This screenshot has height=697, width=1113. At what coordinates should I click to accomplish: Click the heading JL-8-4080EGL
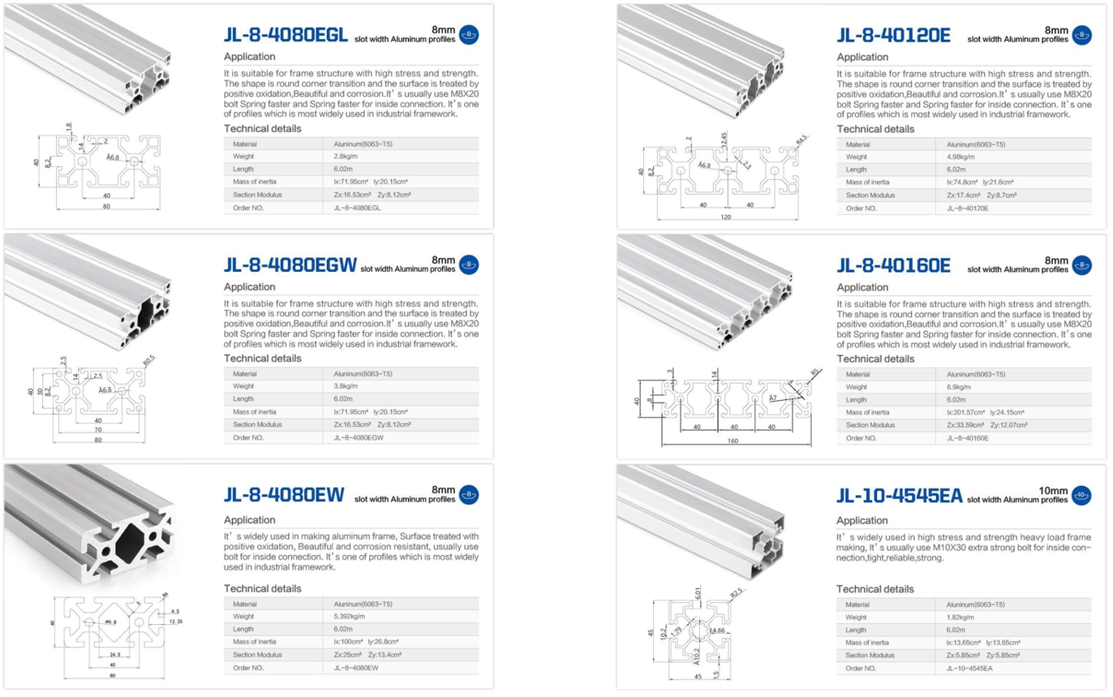[285, 35]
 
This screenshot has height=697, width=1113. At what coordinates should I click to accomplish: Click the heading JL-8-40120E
[893, 35]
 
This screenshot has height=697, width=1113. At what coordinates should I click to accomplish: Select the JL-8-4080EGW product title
[290, 265]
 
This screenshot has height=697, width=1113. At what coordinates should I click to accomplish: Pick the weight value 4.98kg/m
[960, 157]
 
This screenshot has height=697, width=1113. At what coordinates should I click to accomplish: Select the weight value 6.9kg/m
[959, 387]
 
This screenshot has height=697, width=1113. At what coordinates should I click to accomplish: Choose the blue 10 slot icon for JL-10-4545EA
[1081, 495]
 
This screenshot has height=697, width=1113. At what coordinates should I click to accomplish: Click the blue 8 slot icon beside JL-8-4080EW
[468, 495]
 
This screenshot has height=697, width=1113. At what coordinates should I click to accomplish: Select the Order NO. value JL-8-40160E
[967, 438]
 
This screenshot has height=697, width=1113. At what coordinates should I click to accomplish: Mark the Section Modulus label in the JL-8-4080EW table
[257, 655]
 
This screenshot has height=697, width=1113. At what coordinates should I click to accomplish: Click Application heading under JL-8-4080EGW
[249, 287]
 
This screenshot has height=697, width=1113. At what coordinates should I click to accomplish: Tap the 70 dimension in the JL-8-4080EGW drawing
[97, 429]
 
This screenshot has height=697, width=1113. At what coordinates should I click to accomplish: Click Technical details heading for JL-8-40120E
[875, 129]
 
